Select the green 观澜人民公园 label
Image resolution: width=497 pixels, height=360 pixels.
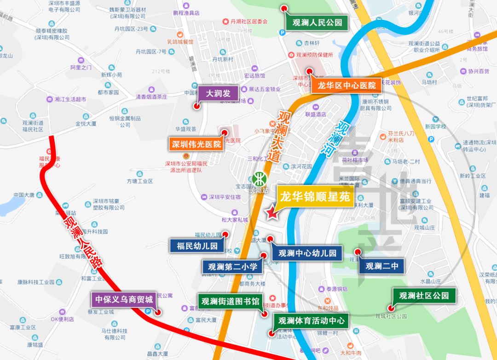317,22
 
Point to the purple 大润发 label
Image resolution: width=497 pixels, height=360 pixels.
218,93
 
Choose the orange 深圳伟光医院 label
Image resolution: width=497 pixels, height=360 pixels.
196,144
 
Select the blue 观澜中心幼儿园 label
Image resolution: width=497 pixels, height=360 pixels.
307,252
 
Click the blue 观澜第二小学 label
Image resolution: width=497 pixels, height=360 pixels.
232,266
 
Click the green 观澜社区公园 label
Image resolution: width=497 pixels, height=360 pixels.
423,295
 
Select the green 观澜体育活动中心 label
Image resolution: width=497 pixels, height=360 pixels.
311,320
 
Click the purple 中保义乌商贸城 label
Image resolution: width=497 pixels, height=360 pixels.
123,299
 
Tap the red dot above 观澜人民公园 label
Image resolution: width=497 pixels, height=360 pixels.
285,8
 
